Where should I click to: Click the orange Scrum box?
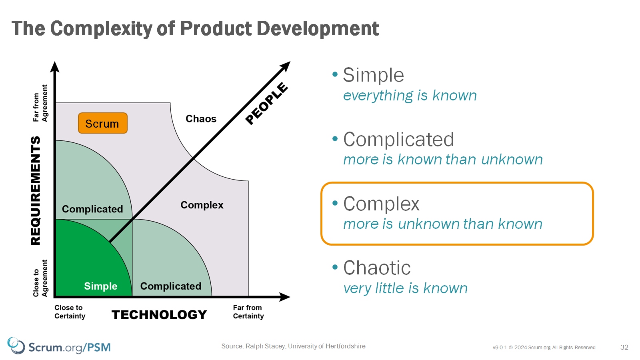tap(103, 123)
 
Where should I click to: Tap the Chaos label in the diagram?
tap(201, 118)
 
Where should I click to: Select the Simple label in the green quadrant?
tap(100, 286)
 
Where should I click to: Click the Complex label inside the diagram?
tap(202, 205)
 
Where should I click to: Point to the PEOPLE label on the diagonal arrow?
tap(266, 103)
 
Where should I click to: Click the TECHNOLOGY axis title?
tap(159, 314)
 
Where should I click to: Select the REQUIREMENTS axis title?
tap(36, 190)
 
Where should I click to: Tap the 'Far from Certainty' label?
tap(248, 312)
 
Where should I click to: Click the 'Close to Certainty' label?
tap(70, 312)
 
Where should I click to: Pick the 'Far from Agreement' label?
tap(40, 103)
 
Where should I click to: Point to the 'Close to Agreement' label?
tap(40, 278)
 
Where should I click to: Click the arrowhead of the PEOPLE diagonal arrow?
tap(286, 66)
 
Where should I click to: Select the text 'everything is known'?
tap(410, 96)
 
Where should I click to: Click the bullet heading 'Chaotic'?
tap(377, 268)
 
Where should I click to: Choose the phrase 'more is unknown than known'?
tap(442, 224)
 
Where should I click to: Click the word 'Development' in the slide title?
tap(318, 28)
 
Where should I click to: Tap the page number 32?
tap(624, 347)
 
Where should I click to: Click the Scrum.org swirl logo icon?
tap(16, 346)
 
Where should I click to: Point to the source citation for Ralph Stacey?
tap(294, 346)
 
